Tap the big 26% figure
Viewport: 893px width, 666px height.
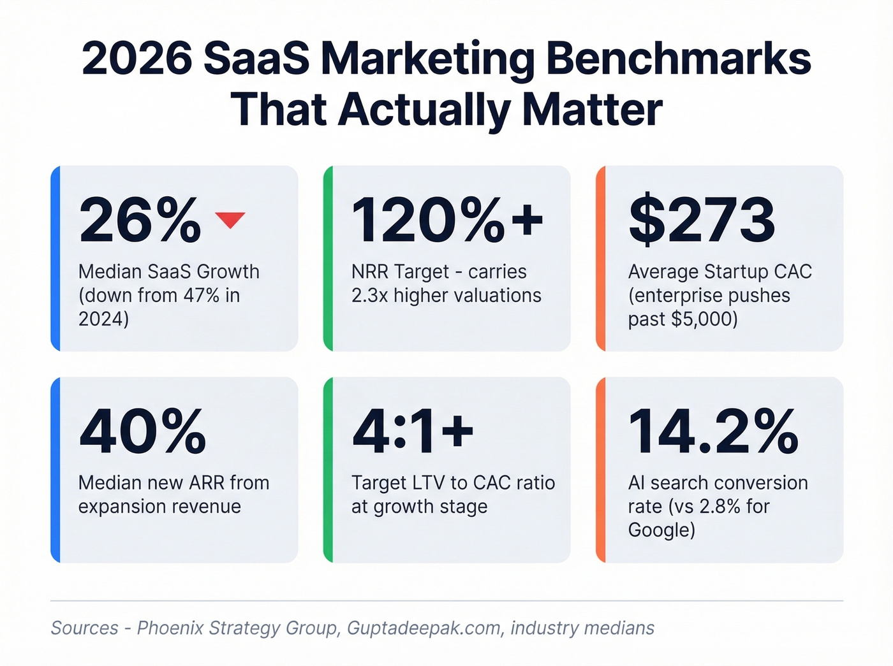[140, 221]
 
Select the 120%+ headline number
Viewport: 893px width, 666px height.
[447, 221]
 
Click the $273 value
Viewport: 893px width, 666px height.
[702, 221]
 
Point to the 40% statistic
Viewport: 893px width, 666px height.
[143, 431]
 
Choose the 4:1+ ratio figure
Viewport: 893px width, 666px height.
[413, 431]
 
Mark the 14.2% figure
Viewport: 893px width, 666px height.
[713, 431]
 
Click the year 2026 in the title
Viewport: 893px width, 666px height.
[137, 59]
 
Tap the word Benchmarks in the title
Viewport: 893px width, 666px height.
[678, 59]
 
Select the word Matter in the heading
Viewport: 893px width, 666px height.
[592, 110]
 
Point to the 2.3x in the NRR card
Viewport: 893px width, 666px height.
[369, 296]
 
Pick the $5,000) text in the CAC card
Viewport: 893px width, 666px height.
[705, 319]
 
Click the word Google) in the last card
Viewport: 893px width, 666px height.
[661, 530]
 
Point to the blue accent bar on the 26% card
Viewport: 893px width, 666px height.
[55, 258]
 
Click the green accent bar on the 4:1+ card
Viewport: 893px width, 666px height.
[328, 470]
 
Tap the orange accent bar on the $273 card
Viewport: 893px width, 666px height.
[600, 258]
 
